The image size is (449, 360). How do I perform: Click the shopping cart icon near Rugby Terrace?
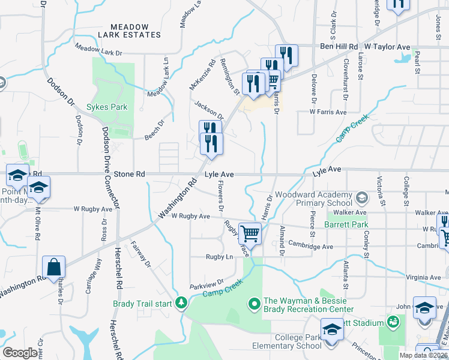[250, 233]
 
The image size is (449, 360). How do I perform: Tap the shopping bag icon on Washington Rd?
[53, 266]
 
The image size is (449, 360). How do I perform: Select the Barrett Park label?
[345, 225]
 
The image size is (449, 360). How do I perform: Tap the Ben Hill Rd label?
[339, 46]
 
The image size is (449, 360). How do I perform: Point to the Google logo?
[20, 353]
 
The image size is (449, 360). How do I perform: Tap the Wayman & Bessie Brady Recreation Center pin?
[254, 305]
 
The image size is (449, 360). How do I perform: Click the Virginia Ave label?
[422, 277]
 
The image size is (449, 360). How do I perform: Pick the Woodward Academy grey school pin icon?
[361, 197]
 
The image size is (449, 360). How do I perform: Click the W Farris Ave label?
[328, 112]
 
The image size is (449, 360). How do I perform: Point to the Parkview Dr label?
[206, 283]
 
